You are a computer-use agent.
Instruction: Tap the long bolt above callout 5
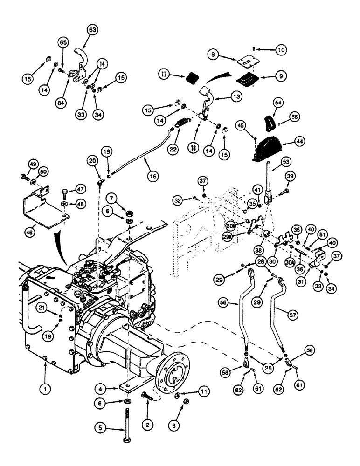pyautogui.click(x=128, y=423)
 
